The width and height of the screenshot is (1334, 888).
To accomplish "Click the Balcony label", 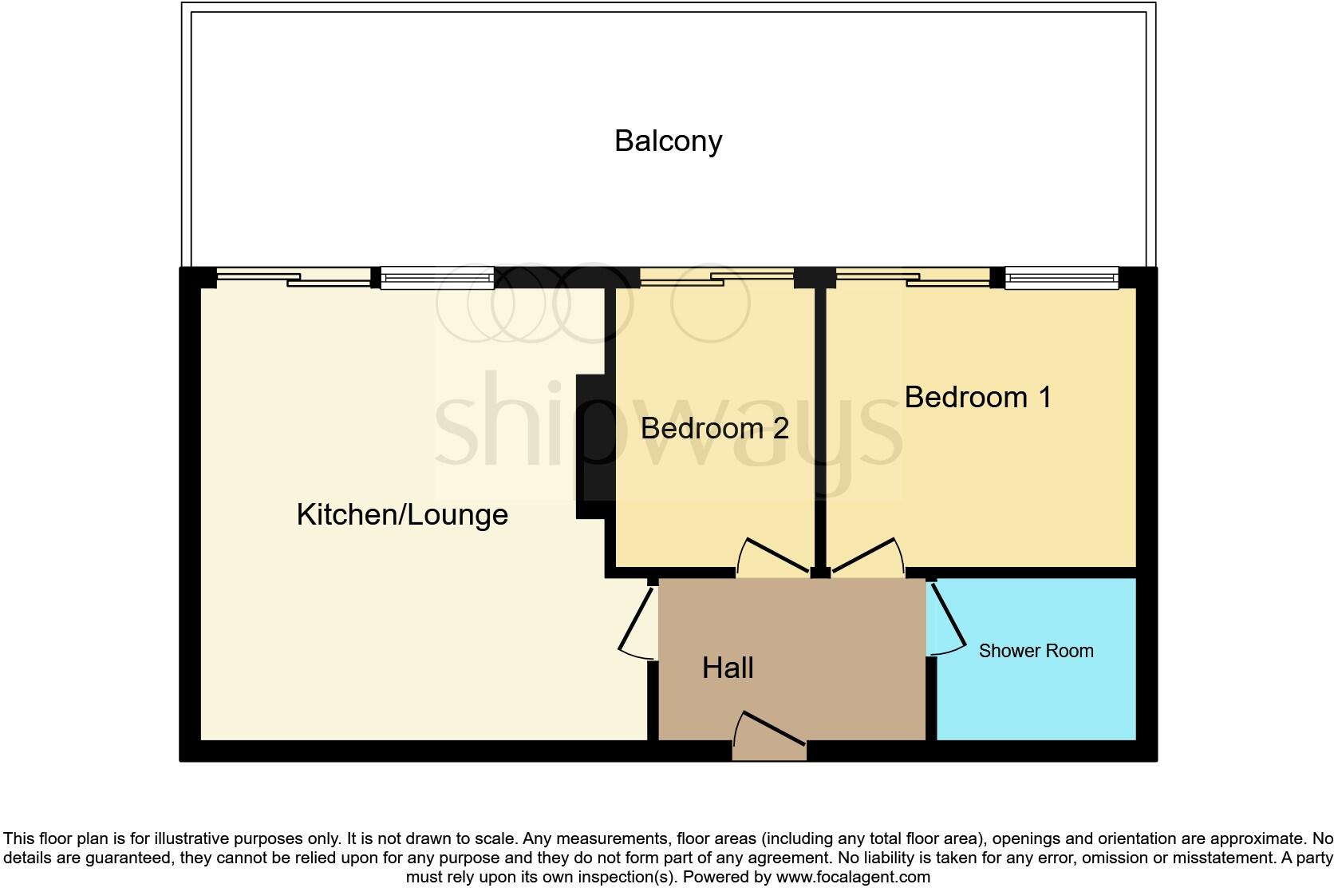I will pyautogui.click(x=668, y=141).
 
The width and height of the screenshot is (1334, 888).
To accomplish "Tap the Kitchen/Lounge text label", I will pyautogui.click(x=402, y=514).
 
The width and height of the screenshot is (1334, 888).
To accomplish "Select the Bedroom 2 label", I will pyautogui.click(x=714, y=428).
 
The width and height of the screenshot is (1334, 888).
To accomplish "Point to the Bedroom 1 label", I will pyautogui.click(x=977, y=397).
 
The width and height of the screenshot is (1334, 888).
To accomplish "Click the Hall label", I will pyautogui.click(x=728, y=668).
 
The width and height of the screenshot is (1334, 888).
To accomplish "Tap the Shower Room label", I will pyautogui.click(x=1036, y=651).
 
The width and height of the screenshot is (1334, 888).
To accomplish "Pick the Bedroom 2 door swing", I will pyautogui.click(x=774, y=557).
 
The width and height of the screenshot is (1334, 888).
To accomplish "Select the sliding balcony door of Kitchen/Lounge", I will pyautogui.click(x=294, y=278).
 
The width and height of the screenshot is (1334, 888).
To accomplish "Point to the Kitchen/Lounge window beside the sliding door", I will pyautogui.click(x=436, y=278).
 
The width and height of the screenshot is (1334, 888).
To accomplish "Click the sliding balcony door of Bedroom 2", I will pyautogui.click(x=716, y=277).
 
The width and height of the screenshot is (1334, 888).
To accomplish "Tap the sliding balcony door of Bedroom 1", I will pyautogui.click(x=912, y=278).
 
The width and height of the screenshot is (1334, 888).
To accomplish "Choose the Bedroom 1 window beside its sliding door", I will pyautogui.click(x=1061, y=278).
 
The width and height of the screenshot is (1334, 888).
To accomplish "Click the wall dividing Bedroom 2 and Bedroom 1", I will pyautogui.click(x=820, y=423).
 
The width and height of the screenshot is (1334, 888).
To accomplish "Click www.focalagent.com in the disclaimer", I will pyautogui.click(x=853, y=877).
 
